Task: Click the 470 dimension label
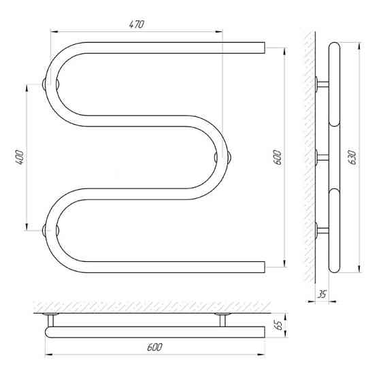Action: click(137, 24)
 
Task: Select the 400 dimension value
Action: click(20, 157)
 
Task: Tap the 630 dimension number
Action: click(353, 157)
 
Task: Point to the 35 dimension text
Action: click(321, 294)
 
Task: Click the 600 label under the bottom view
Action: click(154, 347)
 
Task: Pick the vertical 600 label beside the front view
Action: click(278, 157)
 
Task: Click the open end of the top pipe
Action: click(264, 48)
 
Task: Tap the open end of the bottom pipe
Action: click(264, 267)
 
